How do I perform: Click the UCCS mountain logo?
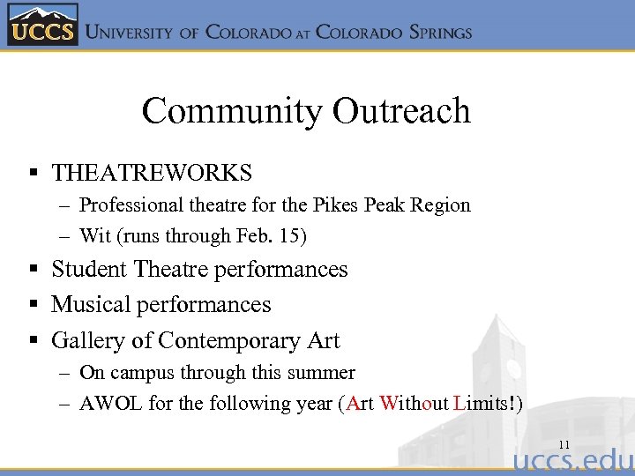tap(42, 25)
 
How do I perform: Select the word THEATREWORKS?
tap(152, 173)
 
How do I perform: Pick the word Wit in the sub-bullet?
tap(93, 236)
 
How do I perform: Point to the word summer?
tap(323, 373)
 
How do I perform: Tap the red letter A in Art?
tap(353, 404)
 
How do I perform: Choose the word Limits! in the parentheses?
tap(484, 404)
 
